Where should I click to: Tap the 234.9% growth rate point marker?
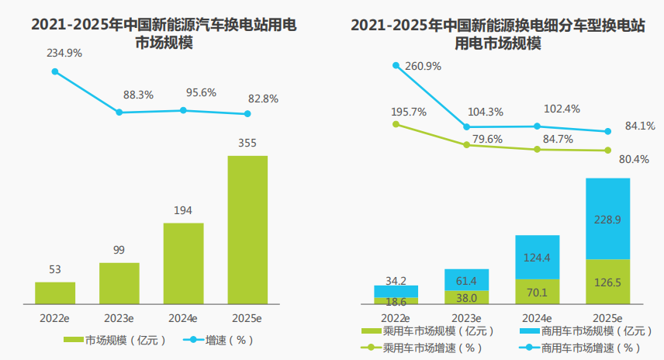[55, 71]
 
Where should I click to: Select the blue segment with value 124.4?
[538, 257]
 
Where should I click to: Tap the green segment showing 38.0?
[466, 296]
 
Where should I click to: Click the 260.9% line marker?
[396, 65]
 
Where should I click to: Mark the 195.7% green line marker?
[396, 123]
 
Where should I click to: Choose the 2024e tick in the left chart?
[183, 318]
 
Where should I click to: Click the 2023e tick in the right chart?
[466, 318]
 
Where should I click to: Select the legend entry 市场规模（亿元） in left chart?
[110, 340]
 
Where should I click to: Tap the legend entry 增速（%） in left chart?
[218, 340]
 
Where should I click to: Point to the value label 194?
[183, 210]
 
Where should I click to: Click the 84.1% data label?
[640, 125]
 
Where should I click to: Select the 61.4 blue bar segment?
[466, 279]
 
